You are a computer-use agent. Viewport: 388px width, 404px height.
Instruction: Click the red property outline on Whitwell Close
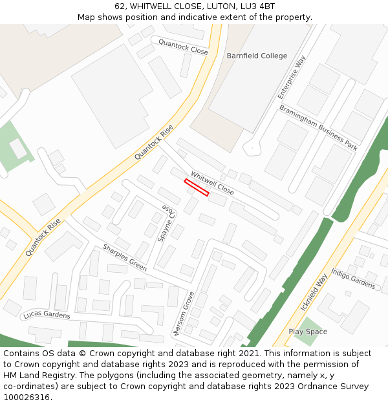coord(197,187)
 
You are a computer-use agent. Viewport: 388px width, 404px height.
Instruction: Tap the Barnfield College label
coord(257,56)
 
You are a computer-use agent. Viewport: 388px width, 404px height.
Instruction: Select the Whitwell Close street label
coord(212,182)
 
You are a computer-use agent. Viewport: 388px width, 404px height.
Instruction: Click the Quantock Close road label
coord(183,47)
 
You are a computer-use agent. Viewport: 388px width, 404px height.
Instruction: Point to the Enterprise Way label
coord(292,77)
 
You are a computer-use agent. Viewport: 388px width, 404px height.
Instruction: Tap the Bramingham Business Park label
coord(318,127)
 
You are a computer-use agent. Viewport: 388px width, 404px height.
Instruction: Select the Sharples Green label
coord(125,257)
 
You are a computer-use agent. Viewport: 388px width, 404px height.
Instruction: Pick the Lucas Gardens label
coord(46,315)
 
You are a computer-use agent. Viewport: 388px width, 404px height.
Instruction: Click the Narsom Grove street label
coord(183,315)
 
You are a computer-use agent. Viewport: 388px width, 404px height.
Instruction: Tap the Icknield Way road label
coord(314,292)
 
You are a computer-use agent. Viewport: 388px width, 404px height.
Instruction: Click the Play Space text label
coord(308,332)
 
